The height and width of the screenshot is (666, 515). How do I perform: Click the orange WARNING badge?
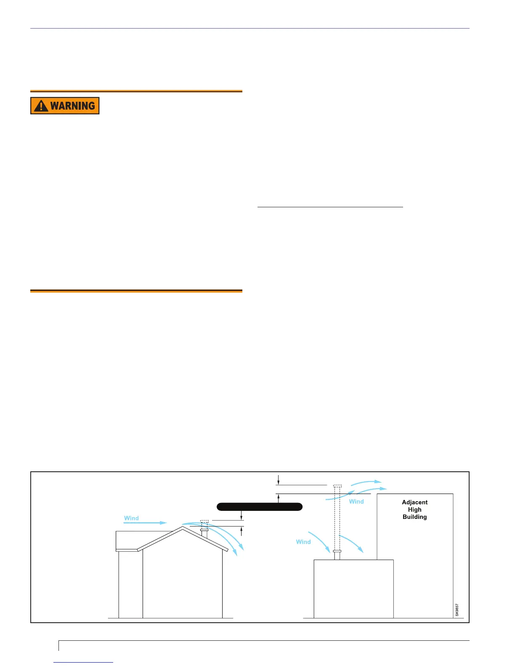point(65,106)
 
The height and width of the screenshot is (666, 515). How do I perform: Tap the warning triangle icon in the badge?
point(41,106)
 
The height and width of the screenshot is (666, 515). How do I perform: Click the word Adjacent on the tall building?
point(414,502)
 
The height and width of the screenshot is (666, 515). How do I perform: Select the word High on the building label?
point(414,510)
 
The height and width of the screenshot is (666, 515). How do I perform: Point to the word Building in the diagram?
point(414,517)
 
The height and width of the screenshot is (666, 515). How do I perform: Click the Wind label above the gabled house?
point(131,518)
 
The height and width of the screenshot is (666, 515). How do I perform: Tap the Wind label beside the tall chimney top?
point(356,501)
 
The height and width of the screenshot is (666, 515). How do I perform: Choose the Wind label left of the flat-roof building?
point(303,542)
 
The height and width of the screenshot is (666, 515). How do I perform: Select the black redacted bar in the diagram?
point(260,506)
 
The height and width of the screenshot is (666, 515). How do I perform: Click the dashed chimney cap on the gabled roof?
point(204,521)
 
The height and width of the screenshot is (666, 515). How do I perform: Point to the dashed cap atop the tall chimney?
point(337,486)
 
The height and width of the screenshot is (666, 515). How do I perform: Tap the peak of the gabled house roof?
point(183,527)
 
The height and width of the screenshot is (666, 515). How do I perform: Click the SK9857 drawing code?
point(457,610)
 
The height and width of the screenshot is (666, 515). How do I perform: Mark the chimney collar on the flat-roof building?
point(337,551)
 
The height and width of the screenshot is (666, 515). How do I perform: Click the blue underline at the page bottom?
point(84,662)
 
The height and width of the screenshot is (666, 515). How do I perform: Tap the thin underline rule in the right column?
point(330,207)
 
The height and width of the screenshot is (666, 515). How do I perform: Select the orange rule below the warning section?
point(136,291)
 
